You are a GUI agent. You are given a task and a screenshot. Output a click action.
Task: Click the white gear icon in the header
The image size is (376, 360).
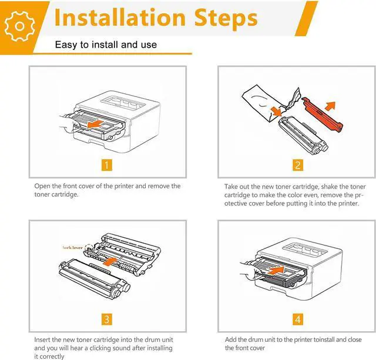[x=19, y=26]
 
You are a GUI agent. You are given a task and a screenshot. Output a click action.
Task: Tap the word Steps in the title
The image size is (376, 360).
[x=226, y=18]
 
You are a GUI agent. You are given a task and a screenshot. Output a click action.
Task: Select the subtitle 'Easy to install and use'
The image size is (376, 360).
[x=106, y=45]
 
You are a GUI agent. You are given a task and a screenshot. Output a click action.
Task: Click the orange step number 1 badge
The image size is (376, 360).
[x=107, y=165]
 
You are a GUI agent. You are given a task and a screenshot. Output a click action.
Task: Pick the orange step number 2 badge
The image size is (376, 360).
[x=298, y=165]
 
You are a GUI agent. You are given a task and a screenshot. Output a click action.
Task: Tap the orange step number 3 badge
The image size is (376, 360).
[x=107, y=319]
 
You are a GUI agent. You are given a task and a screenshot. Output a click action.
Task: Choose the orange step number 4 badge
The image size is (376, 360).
[x=298, y=319]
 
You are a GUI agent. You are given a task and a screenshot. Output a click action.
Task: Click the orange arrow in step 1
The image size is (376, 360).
[x=95, y=124]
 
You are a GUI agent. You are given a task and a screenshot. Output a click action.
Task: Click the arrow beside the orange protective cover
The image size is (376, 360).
[x=330, y=106]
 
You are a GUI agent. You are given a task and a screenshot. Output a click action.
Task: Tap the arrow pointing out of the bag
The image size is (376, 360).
[x=276, y=111]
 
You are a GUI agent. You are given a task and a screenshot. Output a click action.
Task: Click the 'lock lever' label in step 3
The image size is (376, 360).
[x=72, y=248]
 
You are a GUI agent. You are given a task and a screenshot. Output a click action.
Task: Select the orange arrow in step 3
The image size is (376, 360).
[x=110, y=261]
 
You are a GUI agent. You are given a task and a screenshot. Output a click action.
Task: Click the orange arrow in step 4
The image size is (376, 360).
[x=276, y=271]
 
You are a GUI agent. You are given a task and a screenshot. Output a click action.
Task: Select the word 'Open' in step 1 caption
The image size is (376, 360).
[x=42, y=186]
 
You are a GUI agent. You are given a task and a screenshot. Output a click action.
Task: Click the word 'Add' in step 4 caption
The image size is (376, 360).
[x=231, y=339]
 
